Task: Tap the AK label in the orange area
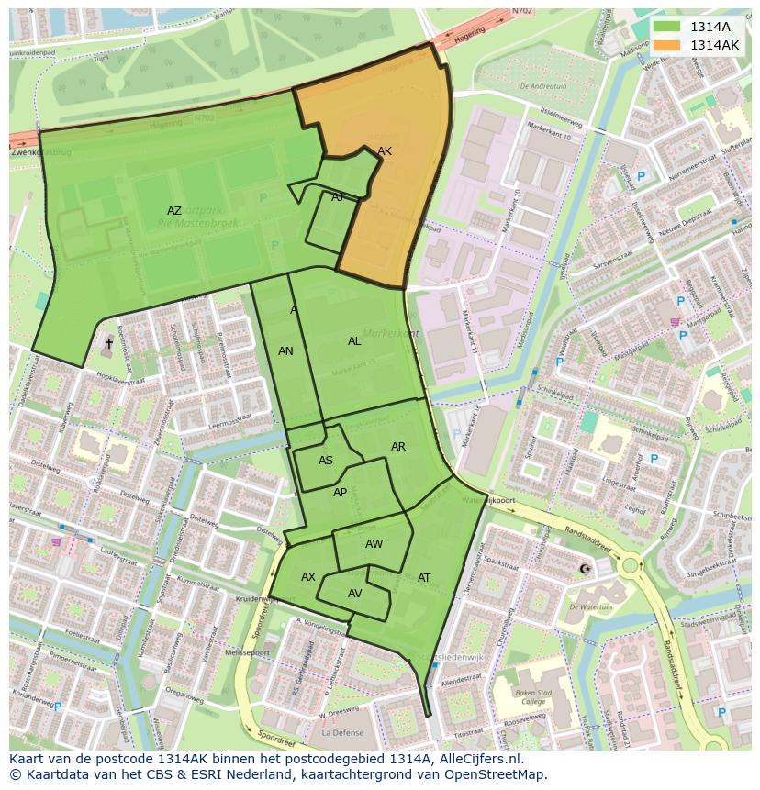pos(385,151)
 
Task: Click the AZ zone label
pos(174,211)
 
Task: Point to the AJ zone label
pos(338,197)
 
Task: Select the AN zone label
pos(285,351)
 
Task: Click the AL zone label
pos(354,341)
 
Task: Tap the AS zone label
pos(326,461)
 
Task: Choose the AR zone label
pos(398,447)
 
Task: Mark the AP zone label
pos(341,493)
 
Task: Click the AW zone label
pos(374,544)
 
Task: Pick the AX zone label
pos(308,577)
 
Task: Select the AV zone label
pos(355,594)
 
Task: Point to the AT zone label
pos(424,578)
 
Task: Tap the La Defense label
pos(342,733)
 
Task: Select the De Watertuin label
pos(590,606)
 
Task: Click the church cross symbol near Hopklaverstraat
pos(108,343)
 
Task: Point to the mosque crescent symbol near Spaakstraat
pos(585,570)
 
